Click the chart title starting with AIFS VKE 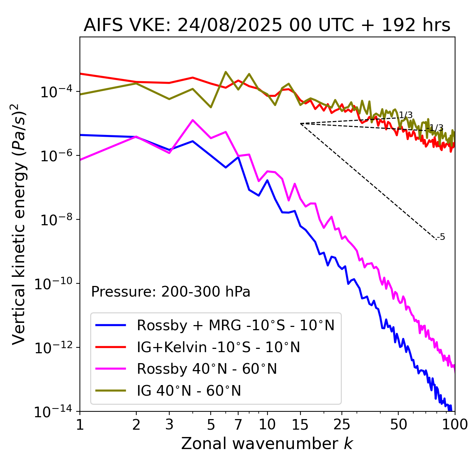pos(267,26)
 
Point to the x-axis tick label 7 pos(238,425)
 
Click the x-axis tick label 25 pos(341,425)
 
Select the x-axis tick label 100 pos(454,425)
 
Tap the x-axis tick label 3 pos(169,425)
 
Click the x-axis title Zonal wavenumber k pos(267,444)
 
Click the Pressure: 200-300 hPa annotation pos(171,292)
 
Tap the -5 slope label pos(442,237)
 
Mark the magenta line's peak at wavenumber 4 pos(192,120)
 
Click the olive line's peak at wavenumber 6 pos(226,72)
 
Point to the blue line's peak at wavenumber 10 pos(267,180)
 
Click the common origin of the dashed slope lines pos(300,124)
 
